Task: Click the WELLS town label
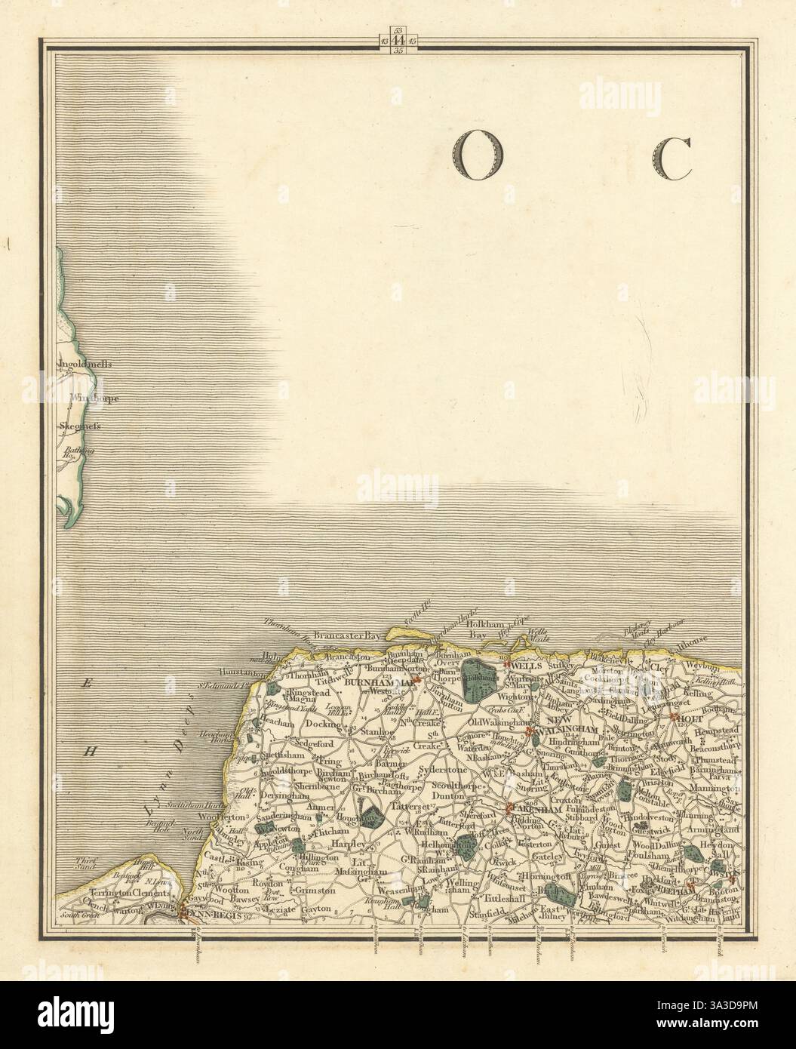tap(524, 667)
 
